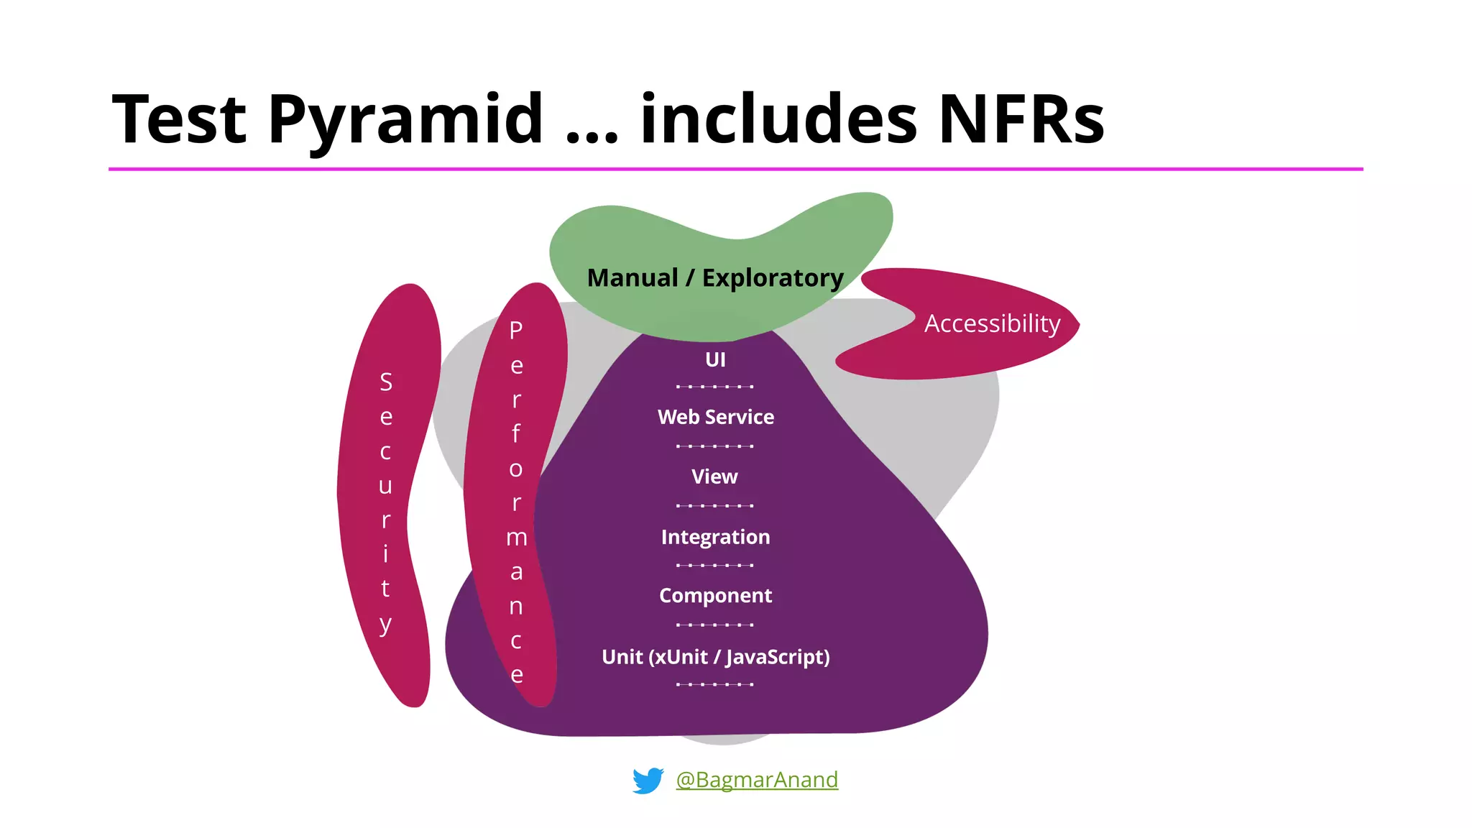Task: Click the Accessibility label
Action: click(992, 323)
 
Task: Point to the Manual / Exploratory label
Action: click(715, 277)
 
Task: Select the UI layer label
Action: click(715, 359)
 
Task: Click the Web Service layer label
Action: click(715, 417)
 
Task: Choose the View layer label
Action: click(714, 477)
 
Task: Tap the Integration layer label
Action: click(715, 537)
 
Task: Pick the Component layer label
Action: click(715, 596)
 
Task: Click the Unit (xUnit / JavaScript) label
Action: click(715, 657)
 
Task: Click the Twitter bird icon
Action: click(648, 781)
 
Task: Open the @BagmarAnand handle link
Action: click(757, 780)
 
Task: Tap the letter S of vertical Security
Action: click(386, 382)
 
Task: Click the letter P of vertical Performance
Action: click(516, 330)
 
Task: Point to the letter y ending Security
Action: click(386, 624)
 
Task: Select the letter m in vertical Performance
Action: click(516, 538)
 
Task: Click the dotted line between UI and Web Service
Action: click(714, 387)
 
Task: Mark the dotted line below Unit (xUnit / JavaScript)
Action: click(714, 684)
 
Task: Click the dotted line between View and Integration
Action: click(714, 506)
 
